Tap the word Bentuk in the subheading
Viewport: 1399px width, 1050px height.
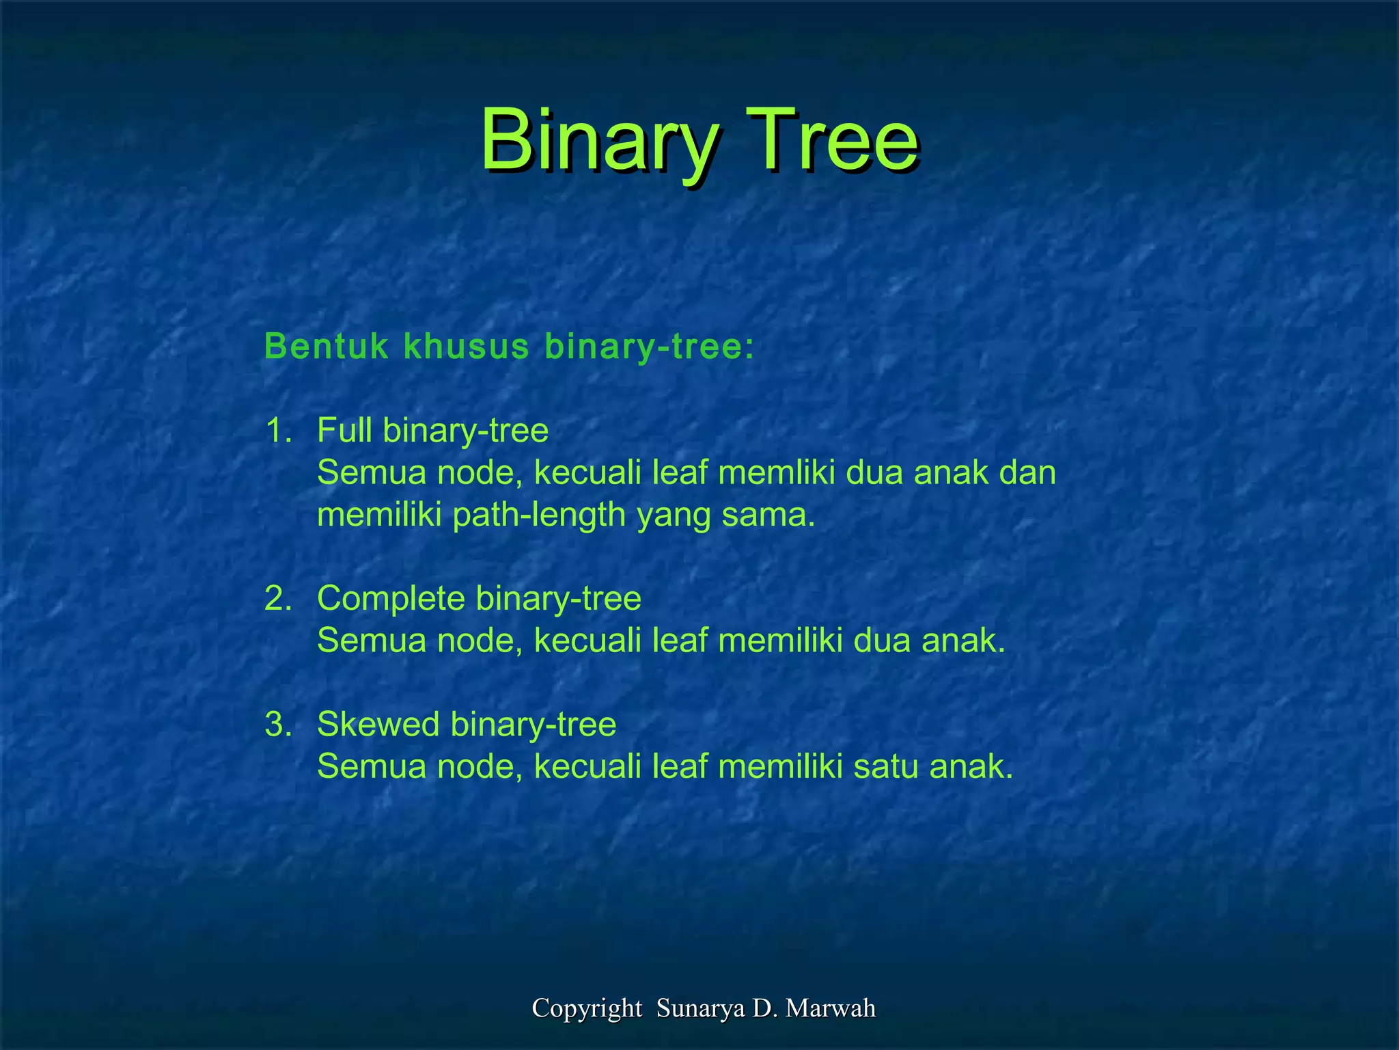tap(327, 347)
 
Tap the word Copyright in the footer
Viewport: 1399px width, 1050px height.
tap(587, 1008)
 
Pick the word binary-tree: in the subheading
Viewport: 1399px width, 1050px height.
tap(650, 347)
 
